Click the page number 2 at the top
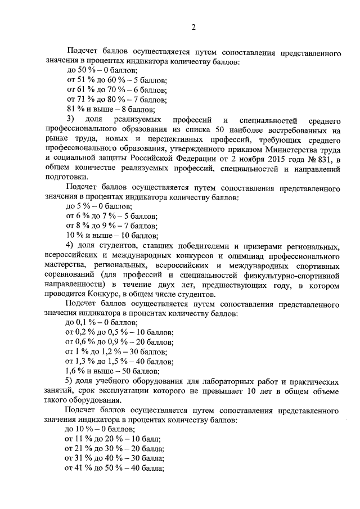(193, 27)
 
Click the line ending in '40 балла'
(115, 469)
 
